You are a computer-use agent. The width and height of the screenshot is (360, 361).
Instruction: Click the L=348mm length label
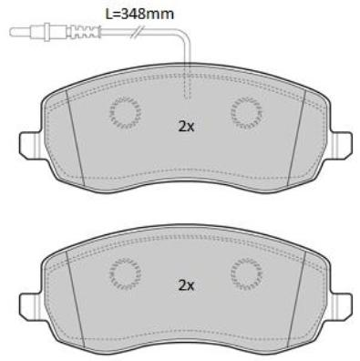139,14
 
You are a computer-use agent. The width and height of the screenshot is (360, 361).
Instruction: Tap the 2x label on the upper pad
186,127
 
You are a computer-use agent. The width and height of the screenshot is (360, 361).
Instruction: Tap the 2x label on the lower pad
186,285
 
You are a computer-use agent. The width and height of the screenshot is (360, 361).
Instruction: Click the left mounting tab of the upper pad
30,145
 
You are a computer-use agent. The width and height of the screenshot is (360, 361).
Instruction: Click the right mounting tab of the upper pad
342,145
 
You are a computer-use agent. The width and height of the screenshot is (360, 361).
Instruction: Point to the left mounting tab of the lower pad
30,306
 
